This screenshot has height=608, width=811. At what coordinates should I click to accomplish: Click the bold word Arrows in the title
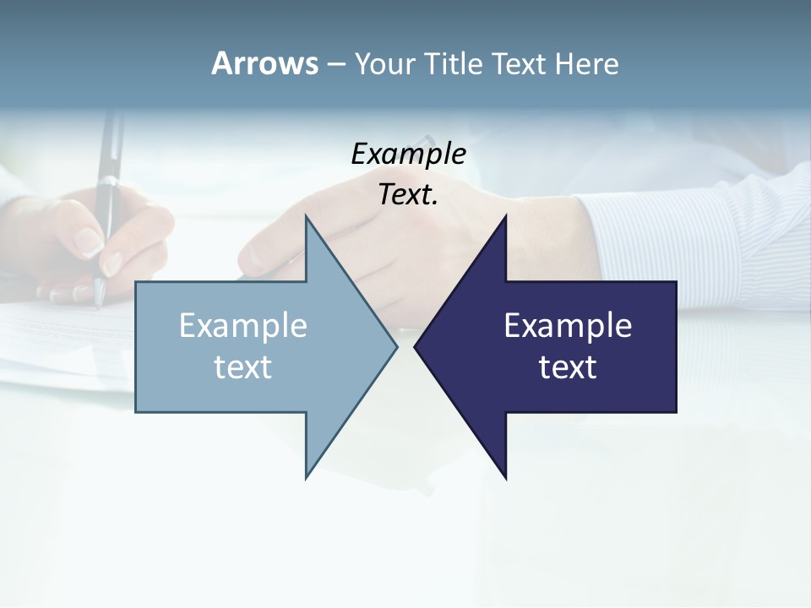(264, 63)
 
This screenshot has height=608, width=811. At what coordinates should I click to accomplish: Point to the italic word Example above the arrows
(408, 154)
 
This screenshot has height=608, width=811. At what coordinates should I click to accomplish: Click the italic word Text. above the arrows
(408, 195)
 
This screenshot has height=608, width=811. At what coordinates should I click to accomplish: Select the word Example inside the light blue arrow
(243, 325)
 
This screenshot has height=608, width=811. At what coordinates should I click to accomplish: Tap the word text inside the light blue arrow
(243, 367)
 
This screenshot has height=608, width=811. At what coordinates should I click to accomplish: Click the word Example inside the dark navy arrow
(568, 325)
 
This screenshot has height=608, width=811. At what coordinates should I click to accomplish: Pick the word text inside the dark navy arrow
(568, 367)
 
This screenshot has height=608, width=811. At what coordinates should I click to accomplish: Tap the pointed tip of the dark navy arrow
(416, 346)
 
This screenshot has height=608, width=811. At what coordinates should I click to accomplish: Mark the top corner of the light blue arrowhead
(307, 217)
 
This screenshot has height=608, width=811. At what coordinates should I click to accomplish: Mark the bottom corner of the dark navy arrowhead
(505, 477)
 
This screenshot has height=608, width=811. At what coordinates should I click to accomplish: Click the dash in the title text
(335, 64)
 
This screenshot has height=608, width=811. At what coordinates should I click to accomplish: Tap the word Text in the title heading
(519, 63)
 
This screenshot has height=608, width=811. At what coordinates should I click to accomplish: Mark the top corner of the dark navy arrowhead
(505, 217)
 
